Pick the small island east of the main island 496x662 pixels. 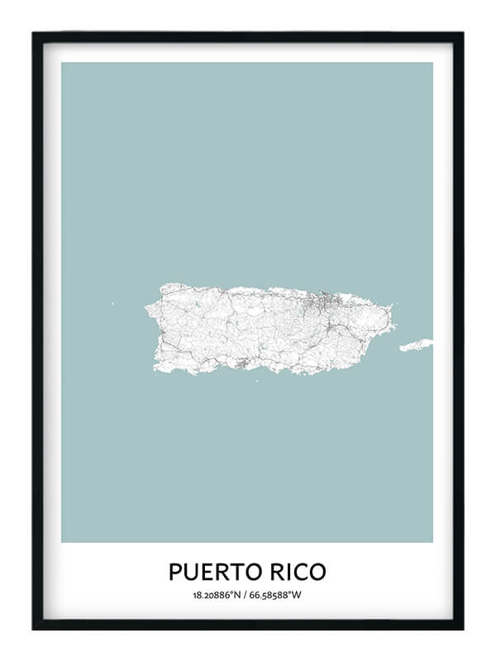click(x=416, y=344)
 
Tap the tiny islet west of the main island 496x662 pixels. click(x=113, y=303)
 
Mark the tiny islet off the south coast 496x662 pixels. click(x=256, y=381)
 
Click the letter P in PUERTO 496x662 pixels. click(x=175, y=572)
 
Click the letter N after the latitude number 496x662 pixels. click(x=238, y=595)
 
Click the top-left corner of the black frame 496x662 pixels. click(x=34, y=34)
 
